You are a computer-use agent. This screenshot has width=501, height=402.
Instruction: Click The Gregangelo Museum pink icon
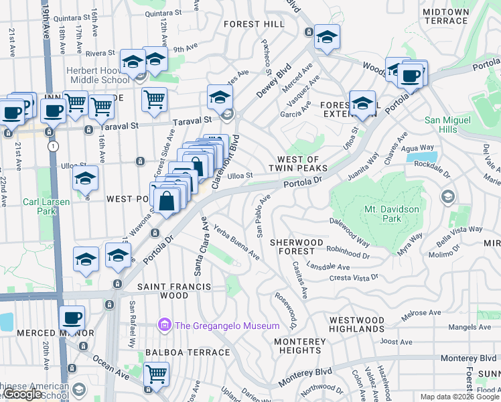pyautogui.click(x=164, y=326)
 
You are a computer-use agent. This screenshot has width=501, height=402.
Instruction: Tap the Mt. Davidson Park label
pyautogui.click(x=392, y=214)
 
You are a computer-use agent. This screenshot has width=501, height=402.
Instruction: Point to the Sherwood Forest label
pyautogui.click(x=297, y=247)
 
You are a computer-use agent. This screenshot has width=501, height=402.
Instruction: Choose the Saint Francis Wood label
pyautogui.click(x=174, y=291)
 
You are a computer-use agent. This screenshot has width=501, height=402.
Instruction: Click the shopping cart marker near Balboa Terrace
pyautogui.click(x=156, y=374)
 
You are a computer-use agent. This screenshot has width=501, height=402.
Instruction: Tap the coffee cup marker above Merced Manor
pyautogui.click(x=72, y=318)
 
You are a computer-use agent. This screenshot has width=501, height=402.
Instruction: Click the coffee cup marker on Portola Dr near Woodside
pyautogui.click(x=410, y=75)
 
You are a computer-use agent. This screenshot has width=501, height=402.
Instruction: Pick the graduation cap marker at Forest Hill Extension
pyautogui.click(x=362, y=104)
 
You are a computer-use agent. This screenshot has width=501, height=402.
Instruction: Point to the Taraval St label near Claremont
pyautogui.click(x=192, y=119)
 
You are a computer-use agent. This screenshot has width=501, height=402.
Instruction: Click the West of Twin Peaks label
pyautogui.click(x=298, y=163)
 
